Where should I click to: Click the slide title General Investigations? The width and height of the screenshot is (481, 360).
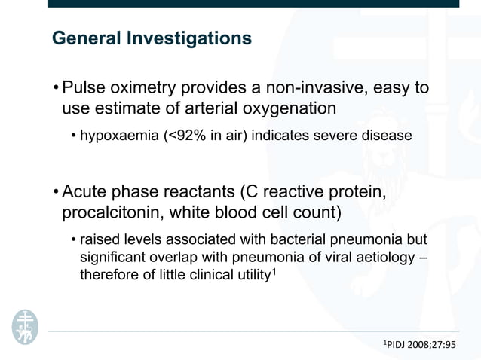[x=152, y=38]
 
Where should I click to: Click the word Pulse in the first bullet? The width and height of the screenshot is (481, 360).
[x=86, y=88]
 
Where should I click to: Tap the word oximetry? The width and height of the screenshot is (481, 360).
[x=149, y=88]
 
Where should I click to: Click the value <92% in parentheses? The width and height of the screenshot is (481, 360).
[x=185, y=136]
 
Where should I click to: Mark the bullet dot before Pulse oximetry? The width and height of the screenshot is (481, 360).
[x=56, y=89]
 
